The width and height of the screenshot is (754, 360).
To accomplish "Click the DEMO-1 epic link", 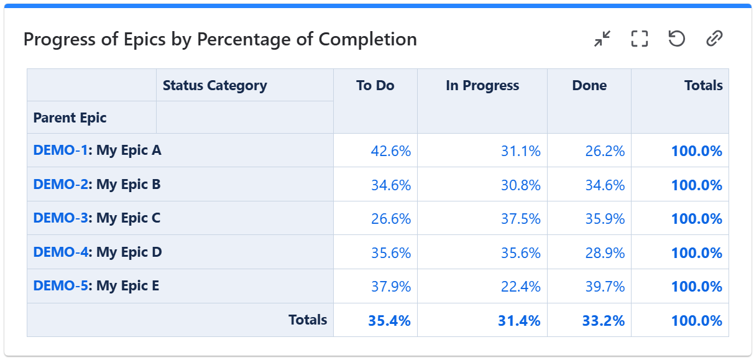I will [x=60, y=150].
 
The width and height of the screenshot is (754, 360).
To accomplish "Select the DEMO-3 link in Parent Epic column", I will [x=60, y=218].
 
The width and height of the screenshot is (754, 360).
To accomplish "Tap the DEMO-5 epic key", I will [x=60, y=286].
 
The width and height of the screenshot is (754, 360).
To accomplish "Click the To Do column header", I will [x=375, y=86].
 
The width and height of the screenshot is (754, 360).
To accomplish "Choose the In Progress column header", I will [x=482, y=86].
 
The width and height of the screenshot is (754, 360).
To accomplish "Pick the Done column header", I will [x=589, y=86].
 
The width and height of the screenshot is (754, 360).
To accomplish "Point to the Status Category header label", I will [x=214, y=86].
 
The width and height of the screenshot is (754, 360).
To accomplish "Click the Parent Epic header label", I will [x=70, y=118].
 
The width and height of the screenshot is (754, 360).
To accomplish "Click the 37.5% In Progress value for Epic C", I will [x=520, y=219].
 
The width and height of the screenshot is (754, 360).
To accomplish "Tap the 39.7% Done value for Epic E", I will [x=604, y=287].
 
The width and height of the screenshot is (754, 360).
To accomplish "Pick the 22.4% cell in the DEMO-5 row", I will [x=520, y=287].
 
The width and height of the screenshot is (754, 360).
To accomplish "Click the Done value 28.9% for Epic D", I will [x=604, y=253].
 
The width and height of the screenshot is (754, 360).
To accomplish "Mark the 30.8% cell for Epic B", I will [x=520, y=185].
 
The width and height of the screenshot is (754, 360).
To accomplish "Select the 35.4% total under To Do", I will [x=389, y=321].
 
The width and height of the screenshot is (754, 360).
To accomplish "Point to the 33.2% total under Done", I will [x=603, y=321].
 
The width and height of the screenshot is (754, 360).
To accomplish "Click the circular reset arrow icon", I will [x=676, y=39].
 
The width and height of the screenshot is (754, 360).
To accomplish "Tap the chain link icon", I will [x=714, y=39].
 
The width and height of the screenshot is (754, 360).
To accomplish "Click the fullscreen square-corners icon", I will [x=639, y=39].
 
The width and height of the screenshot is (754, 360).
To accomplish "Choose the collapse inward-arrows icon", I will [x=602, y=39].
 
